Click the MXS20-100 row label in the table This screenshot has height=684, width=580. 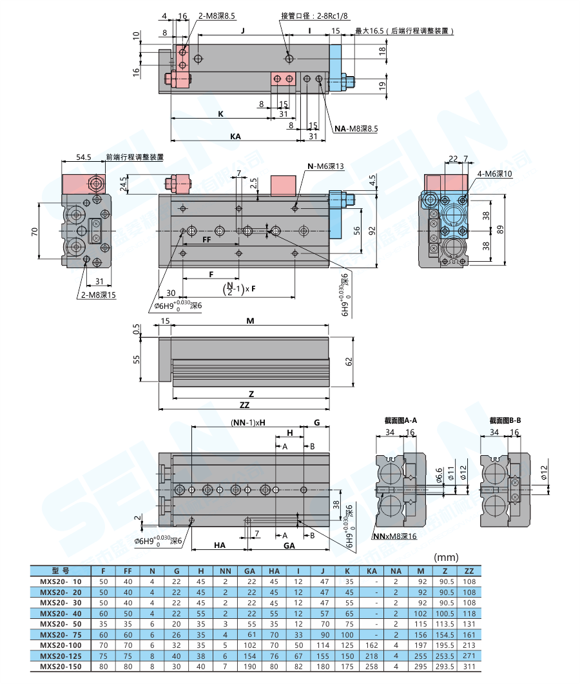coord(61,645)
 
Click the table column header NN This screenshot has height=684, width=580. coord(226,571)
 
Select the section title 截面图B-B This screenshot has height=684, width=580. coord(505,420)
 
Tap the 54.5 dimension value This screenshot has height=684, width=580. coord(84,157)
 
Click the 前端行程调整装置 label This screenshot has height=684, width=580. coord(135,157)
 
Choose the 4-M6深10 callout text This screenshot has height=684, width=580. coord(495,174)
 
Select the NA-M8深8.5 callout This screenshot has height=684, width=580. coord(356,129)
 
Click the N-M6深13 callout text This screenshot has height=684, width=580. coord(326,166)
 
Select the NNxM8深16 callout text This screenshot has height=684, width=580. coord(395,536)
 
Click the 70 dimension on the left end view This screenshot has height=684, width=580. coord(35,230)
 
